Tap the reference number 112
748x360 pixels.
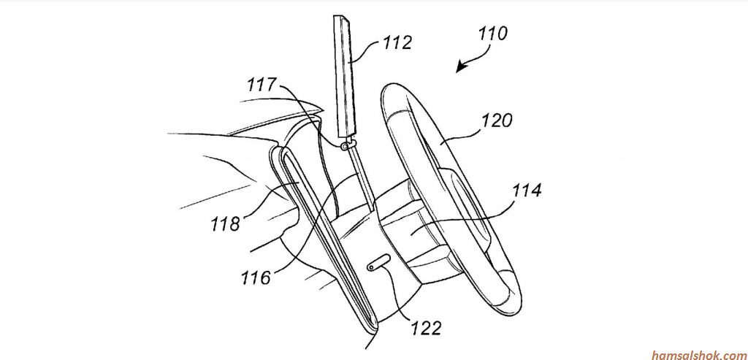pyautogui.click(x=397, y=43)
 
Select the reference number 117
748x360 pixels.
pyautogui.click(x=262, y=85)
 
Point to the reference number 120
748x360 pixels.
pyautogui.click(x=497, y=120)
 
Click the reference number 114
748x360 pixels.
pyautogui.click(x=527, y=191)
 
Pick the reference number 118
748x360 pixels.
pyautogui.click(x=225, y=223)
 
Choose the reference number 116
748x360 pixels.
pyautogui.click(x=256, y=277)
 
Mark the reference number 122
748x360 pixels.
pyautogui.click(x=427, y=328)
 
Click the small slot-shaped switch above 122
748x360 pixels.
pyautogui.click(x=379, y=263)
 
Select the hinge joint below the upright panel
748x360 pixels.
pyautogui.click(x=348, y=144)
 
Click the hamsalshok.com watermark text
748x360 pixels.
pyautogui.click(x=699, y=354)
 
